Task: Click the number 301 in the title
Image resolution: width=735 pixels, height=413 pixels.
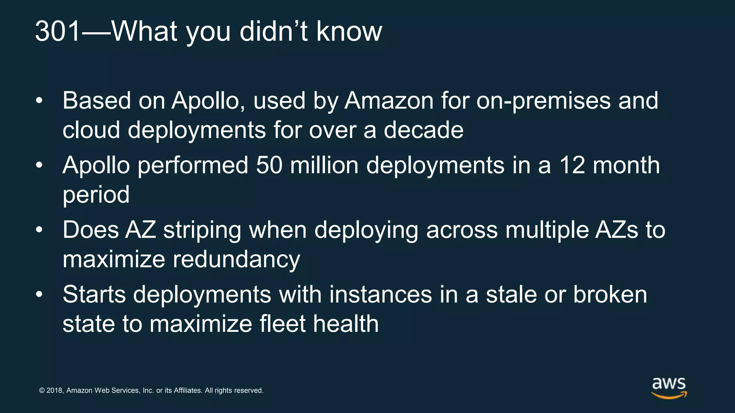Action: click(x=57, y=32)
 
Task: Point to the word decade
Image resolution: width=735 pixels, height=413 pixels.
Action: click(x=423, y=130)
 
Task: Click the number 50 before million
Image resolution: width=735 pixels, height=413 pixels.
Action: click(x=269, y=166)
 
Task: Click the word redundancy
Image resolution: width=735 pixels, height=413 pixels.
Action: click(x=237, y=260)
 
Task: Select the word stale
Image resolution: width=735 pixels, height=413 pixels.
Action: click(x=511, y=295)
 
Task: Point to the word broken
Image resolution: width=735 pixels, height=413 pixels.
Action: click(x=610, y=295)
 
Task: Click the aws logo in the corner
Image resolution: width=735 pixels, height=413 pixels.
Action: click(x=669, y=388)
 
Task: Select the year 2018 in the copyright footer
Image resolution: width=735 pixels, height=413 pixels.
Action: click(x=55, y=390)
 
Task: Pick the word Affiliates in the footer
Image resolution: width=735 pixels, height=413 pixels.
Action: click(x=188, y=390)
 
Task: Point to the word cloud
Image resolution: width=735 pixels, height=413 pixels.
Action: click(x=91, y=130)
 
